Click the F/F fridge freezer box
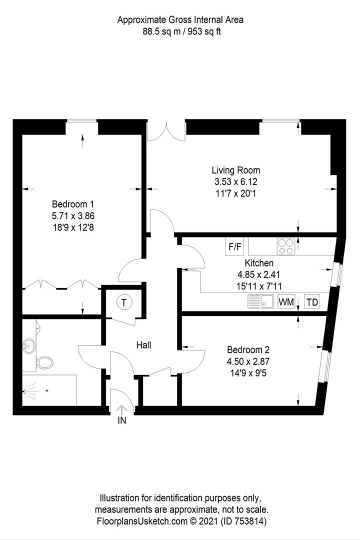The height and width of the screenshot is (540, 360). coord(234,247)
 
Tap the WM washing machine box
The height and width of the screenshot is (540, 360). coord(286,302)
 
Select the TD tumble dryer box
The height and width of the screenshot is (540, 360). coord(312,302)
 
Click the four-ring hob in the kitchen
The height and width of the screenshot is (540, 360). coord(286,246)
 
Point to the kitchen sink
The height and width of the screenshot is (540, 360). coord(261,302)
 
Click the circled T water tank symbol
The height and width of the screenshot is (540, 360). coord(124,302)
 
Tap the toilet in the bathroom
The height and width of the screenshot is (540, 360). coord(45,362)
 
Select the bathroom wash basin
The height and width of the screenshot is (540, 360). coord(29,346)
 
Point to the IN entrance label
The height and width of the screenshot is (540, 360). coord(122,420)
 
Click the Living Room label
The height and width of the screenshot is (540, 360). coord(236,171)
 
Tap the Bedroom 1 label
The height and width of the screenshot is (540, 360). coord(73,204)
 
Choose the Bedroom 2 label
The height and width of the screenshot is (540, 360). coord(248,350)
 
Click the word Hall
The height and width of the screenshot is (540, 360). coord(144,345)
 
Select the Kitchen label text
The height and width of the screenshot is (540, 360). coord(259,263)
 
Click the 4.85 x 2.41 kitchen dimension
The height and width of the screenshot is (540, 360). coord(259,275)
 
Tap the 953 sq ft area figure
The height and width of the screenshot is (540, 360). coord(204,32)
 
